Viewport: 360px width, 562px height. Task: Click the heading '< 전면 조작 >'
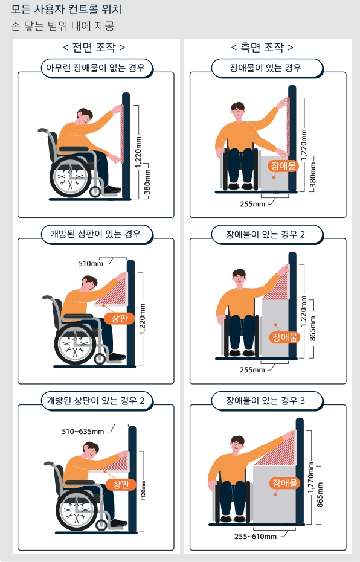pyautogui.click(x=94, y=47)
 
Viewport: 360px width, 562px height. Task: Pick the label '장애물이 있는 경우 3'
pyautogui.click(x=266, y=400)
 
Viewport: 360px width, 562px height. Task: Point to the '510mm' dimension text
pyautogui.click(x=91, y=263)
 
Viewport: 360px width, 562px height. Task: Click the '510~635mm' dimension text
pyautogui.click(x=83, y=431)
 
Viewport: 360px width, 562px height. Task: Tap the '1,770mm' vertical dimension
pyautogui.click(x=311, y=480)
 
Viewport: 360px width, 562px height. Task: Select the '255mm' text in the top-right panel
pyautogui.click(x=252, y=203)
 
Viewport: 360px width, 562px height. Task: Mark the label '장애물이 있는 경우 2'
pyautogui.click(x=266, y=234)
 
